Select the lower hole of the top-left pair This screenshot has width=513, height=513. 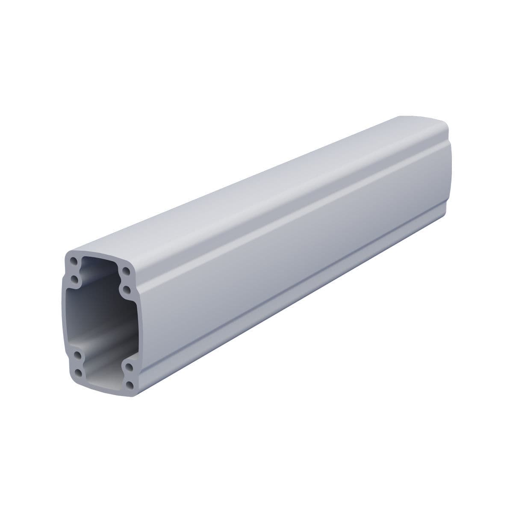(75, 280)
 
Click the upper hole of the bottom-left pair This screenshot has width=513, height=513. (77, 354)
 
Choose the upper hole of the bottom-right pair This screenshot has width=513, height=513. (129, 366)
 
